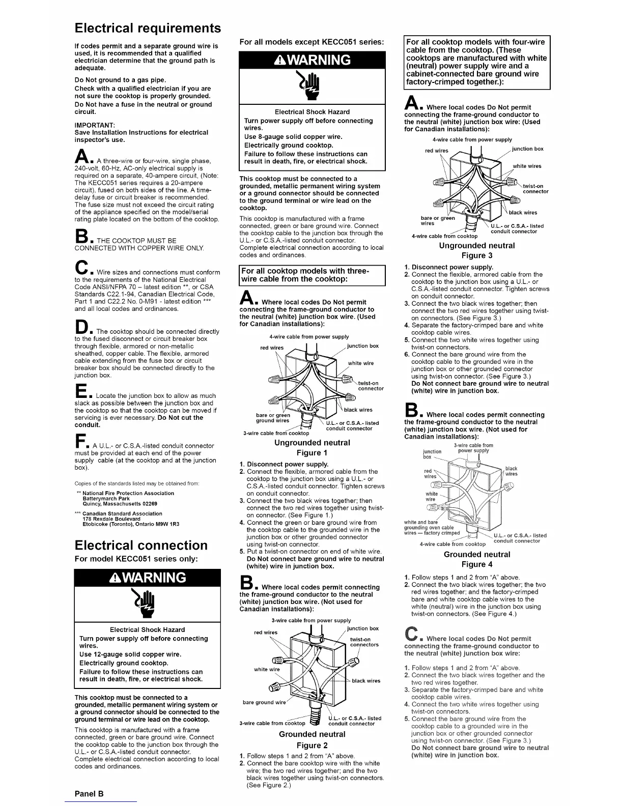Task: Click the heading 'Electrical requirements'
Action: pyautogui.click(x=148, y=27)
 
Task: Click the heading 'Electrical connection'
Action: pyautogui.click(x=141, y=545)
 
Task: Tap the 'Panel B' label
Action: pyautogui.click(x=89, y=793)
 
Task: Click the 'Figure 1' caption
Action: pyautogui.click(x=312, y=452)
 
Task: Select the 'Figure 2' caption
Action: pyautogui.click(x=312, y=745)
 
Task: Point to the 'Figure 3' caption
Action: pyautogui.click(x=477, y=255)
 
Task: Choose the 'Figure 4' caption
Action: pyautogui.click(x=477, y=564)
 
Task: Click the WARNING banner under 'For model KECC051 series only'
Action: pyautogui.click(x=147, y=578)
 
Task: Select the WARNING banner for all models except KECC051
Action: pyautogui.click(x=312, y=60)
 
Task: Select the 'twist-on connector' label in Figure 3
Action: pyautogui.click(x=535, y=189)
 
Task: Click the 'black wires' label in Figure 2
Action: pyautogui.click(x=366, y=680)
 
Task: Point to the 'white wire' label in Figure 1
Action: pyautogui.click(x=361, y=363)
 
